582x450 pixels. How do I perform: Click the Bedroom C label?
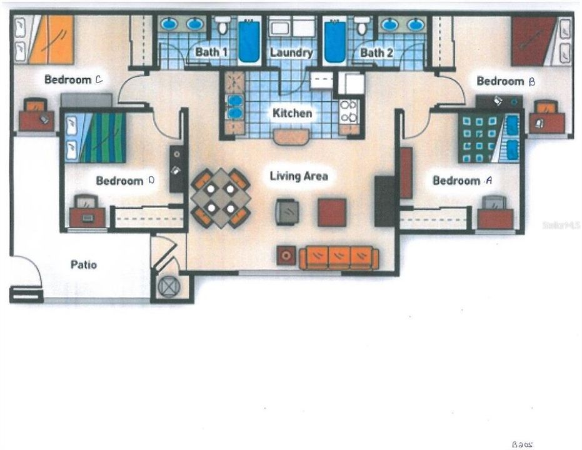pos(73,80)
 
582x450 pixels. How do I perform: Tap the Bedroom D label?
pos(124,181)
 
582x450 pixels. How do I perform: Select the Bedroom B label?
pos(505,81)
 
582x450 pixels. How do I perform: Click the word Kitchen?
pos(291,113)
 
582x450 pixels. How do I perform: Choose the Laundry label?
pos(291,52)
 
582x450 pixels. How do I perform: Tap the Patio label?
pos(83,264)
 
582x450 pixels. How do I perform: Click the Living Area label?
pos(298,176)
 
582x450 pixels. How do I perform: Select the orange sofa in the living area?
pos(338,257)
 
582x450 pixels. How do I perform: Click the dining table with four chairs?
pos(221,198)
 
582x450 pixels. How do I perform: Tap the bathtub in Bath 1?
pos(248,41)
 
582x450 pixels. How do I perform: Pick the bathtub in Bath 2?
pos(334,41)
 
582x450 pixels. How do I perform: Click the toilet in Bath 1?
pos(222,26)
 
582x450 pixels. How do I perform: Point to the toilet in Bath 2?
pos(361,26)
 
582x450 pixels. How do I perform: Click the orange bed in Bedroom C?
pos(50,39)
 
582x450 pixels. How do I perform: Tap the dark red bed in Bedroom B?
pos(533,41)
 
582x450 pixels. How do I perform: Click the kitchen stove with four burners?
pos(348,111)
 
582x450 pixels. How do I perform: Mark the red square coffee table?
pos(331,212)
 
